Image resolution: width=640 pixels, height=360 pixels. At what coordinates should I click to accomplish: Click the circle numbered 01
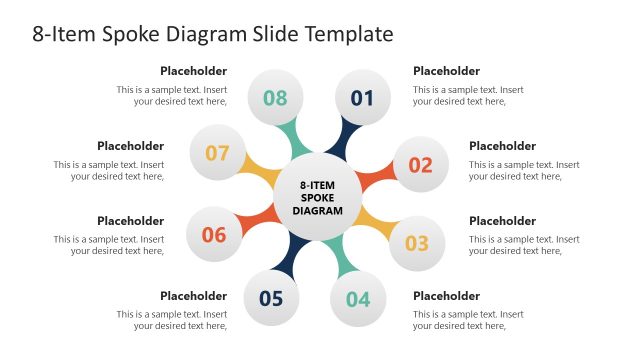coord(361,98)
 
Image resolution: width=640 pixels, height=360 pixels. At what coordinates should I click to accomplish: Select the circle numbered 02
coord(420,165)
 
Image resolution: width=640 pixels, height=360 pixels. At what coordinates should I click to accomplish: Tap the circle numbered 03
coord(416,242)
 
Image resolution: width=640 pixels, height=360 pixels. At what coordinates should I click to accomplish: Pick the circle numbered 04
coord(358,298)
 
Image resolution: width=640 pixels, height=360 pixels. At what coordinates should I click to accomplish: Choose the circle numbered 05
coord(271,297)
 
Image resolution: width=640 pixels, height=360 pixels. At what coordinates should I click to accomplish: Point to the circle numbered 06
coord(214,235)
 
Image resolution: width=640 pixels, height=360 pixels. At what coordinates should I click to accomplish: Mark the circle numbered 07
coord(217,154)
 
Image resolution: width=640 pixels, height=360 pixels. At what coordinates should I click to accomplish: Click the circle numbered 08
coord(275,98)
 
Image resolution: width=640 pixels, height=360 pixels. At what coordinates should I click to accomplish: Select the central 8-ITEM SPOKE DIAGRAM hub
coord(317,197)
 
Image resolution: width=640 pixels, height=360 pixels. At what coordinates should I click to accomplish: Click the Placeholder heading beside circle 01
coord(446,71)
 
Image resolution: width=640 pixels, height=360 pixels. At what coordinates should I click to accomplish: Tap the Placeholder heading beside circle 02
coord(502,146)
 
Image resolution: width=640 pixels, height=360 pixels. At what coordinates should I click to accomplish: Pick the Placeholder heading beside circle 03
coord(502,221)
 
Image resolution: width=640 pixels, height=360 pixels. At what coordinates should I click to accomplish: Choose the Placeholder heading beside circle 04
coord(446,296)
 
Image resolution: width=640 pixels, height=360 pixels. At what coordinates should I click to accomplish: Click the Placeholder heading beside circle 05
coord(193,296)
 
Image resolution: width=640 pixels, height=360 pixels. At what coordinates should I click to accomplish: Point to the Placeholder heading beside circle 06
coord(130,221)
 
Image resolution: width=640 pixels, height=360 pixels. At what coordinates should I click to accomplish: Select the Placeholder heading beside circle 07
coord(130,146)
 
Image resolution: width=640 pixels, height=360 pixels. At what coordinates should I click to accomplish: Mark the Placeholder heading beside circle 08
coord(193,71)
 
